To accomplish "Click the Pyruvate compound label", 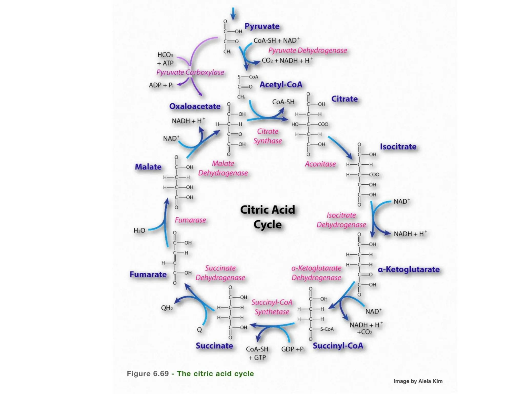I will coord(262,26).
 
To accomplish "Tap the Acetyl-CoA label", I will coord(281,85).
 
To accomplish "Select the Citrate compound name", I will coord(344,99).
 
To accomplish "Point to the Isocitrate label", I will coord(398,146).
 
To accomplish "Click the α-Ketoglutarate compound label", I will coord(409,269).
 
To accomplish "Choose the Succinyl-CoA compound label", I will coord(338,346).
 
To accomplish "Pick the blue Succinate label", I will coord(214,346).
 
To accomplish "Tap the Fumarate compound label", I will coord(148,274).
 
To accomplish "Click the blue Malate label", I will coord(148,167).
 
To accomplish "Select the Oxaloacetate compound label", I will coord(195,106).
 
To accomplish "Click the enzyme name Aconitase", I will coord(320,164).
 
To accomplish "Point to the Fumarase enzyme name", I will coord(190,220).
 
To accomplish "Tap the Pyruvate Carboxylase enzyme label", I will coord(190,72).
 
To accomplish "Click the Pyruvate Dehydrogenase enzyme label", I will coord(308,50).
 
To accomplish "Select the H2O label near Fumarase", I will coord(139,231).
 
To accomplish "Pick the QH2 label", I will coord(167,308).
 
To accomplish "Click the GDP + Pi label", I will coord(293,349).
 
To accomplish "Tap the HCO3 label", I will coord(165,55).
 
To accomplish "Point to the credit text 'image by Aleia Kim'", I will coord(418,381).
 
